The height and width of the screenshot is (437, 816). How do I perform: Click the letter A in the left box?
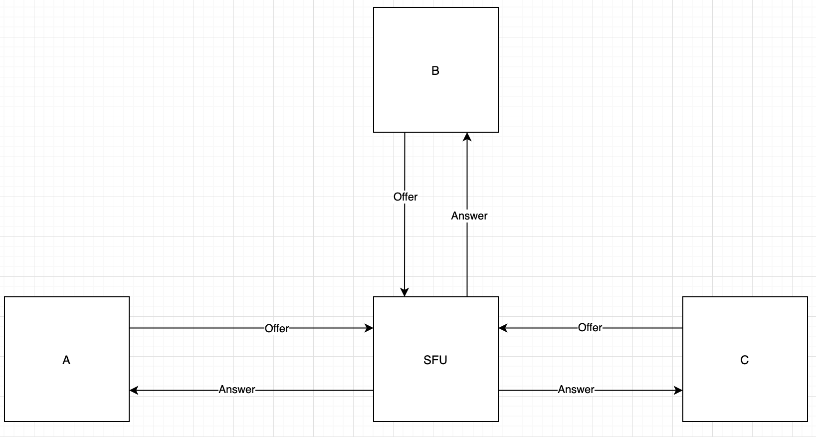(x=66, y=360)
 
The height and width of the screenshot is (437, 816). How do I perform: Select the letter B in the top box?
(x=435, y=71)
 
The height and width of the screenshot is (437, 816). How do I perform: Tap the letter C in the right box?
(x=744, y=360)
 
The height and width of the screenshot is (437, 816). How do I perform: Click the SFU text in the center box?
(x=435, y=360)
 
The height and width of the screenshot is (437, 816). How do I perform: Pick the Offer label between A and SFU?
(x=277, y=328)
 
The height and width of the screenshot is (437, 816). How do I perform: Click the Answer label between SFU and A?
(x=237, y=390)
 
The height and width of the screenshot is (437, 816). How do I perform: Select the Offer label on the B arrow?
(x=406, y=197)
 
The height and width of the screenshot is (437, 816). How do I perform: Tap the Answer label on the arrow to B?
(x=469, y=216)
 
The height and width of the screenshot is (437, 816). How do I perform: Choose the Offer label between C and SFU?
(x=590, y=328)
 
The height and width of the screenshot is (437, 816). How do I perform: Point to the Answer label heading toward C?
(x=576, y=390)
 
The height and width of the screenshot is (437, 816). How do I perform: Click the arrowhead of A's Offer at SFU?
(x=370, y=328)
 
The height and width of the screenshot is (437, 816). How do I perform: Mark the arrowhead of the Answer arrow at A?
(x=134, y=390)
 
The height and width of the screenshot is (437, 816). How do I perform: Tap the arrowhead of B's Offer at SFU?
(x=405, y=292)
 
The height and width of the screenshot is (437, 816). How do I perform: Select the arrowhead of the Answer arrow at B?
(x=467, y=137)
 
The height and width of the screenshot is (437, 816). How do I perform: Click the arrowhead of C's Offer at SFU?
(x=503, y=328)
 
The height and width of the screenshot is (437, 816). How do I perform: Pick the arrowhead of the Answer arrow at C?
(x=678, y=390)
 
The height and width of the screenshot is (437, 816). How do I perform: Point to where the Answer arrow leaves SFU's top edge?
(x=467, y=296)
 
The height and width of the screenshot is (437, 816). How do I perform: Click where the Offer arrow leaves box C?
(x=682, y=328)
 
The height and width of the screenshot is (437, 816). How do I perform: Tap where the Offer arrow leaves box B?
(x=405, y=133)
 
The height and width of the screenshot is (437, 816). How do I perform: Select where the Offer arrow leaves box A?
(x=130, y=328)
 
